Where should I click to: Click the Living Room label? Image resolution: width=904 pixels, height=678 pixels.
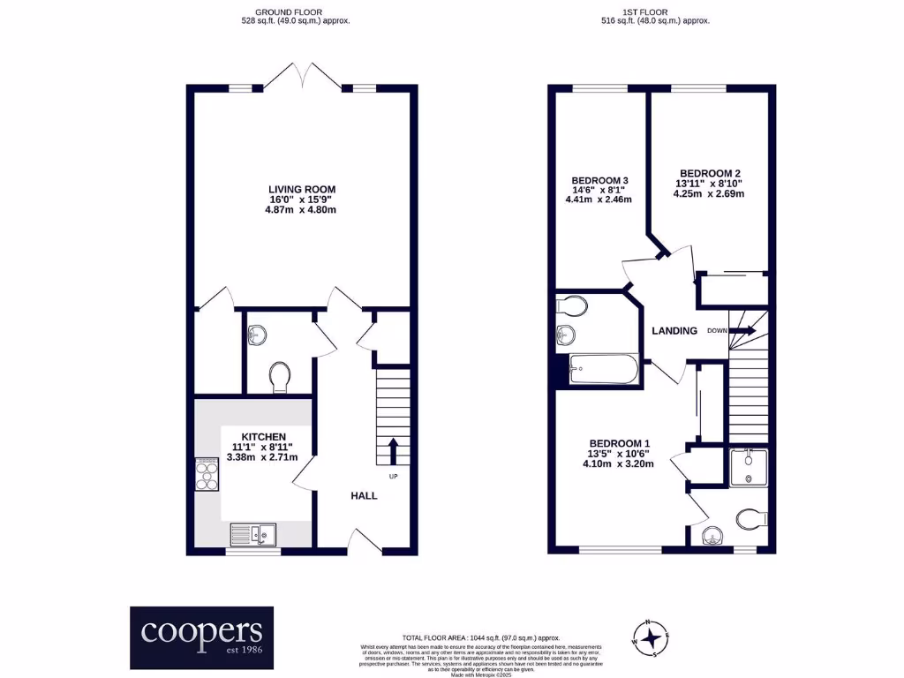pos(302,189)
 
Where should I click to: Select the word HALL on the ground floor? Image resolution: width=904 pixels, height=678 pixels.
pos(364,496)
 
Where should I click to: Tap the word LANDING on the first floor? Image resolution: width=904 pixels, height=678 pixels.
pos(674,331)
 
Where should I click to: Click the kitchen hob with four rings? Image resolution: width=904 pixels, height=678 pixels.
pos(207,474)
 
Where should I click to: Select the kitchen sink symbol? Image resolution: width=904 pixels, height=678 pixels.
pos(252,533)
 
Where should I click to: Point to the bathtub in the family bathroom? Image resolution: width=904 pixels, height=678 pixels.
pos(603,369)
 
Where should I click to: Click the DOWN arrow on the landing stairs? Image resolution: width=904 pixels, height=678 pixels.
pos(742,331)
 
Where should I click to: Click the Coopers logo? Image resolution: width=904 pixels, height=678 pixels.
pos(202,637)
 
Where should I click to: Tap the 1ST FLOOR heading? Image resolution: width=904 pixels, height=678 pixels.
pos(655,12)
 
